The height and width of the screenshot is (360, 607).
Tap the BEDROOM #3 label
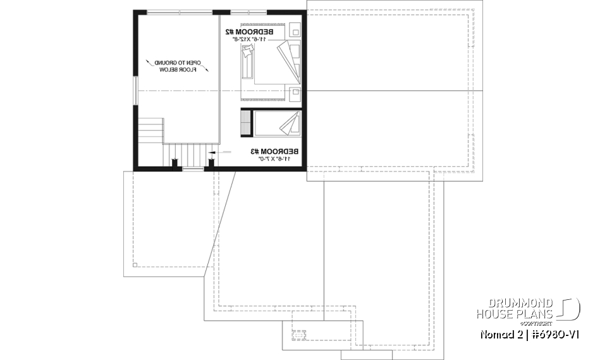275,151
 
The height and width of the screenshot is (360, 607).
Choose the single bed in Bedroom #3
276,123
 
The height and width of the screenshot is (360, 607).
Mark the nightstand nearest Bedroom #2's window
295,30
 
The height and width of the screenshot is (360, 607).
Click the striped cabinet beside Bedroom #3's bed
245,123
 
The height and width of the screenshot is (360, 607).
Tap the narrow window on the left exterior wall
134,92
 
